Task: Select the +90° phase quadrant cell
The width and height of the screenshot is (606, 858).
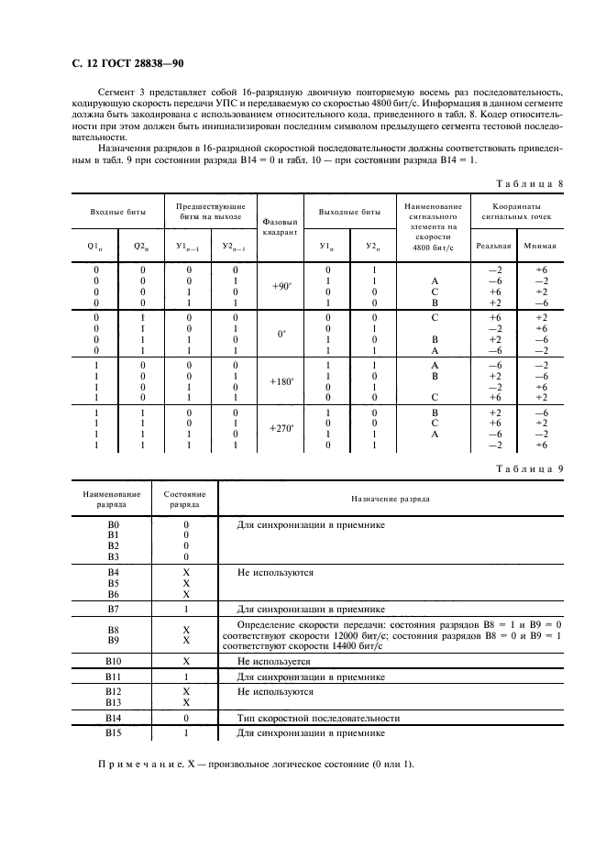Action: click(x=281, y=286)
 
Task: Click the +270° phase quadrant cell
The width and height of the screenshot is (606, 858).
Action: click(x=281, y=428)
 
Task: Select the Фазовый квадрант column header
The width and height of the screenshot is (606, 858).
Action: click(x=281, y=226)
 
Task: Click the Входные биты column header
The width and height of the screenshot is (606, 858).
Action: click(x=115, y=212)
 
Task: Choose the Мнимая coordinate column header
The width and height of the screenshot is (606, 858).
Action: click(x=539, y=246)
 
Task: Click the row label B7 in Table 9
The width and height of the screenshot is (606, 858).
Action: click(x=114, y=609)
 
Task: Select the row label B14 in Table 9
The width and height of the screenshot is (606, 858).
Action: click(x=114, y=719)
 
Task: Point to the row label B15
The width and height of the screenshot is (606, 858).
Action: click(x=114, y=733)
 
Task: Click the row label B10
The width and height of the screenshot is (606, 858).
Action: click(x=114, y=661)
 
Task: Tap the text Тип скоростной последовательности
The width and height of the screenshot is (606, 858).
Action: click(x=318, y=719)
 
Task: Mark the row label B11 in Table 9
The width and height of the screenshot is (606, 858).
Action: click(x=114, y=676)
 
